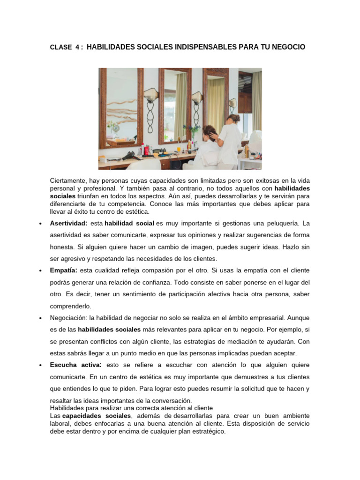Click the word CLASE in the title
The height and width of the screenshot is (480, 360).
60,47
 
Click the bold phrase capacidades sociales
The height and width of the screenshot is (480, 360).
97,416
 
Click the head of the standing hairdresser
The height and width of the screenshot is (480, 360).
233,118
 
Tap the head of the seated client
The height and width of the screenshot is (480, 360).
210,132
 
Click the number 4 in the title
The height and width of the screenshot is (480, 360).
77,47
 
